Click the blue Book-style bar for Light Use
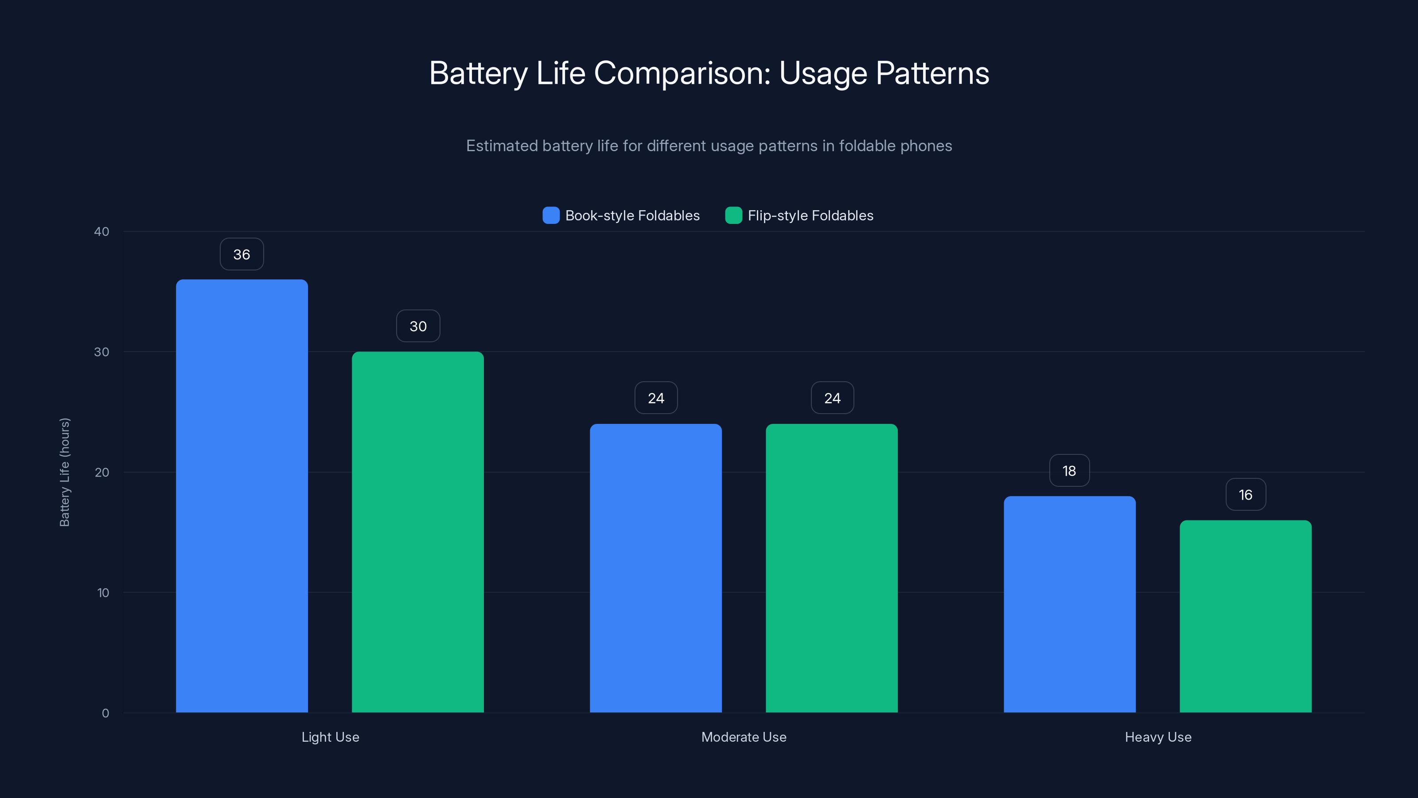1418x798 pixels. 242,496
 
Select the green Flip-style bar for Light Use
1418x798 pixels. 418,532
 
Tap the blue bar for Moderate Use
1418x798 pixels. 656,568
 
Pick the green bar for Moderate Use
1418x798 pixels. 832,568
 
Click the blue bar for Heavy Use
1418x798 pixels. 1070,604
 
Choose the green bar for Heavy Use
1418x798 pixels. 1246,616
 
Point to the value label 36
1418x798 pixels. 242,254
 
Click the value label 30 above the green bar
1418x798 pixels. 418,326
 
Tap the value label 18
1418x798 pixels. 1069,471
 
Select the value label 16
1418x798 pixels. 1246,495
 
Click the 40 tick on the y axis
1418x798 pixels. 102,231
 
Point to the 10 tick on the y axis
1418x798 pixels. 103,593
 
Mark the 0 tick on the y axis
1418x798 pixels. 105,713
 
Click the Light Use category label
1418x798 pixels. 330,737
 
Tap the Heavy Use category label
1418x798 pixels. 1158,737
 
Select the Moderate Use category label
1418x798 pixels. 744,737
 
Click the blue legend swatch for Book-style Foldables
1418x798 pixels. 551,215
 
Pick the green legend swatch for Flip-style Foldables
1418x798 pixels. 733,215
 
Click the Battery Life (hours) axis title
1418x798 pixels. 64,472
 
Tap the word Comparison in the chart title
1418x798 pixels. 682,73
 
